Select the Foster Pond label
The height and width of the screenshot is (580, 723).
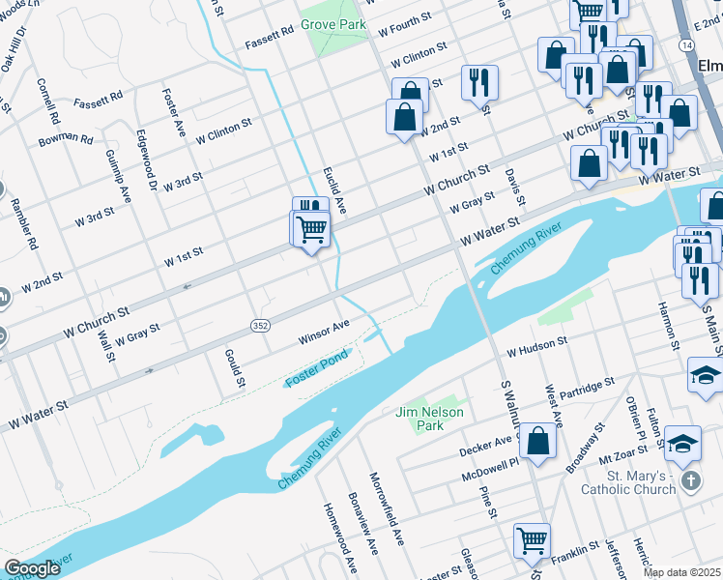point(316,378)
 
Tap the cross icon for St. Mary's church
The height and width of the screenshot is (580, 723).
point(690,480)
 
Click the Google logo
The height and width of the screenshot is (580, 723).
point(33,568)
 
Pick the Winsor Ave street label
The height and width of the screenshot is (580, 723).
point(323,332)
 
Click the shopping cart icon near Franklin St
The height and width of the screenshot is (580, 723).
point(532,541)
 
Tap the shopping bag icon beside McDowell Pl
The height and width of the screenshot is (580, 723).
point(537,442)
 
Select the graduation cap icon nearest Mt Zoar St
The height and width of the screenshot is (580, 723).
point(682,442)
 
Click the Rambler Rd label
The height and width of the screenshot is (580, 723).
point(24,225)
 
